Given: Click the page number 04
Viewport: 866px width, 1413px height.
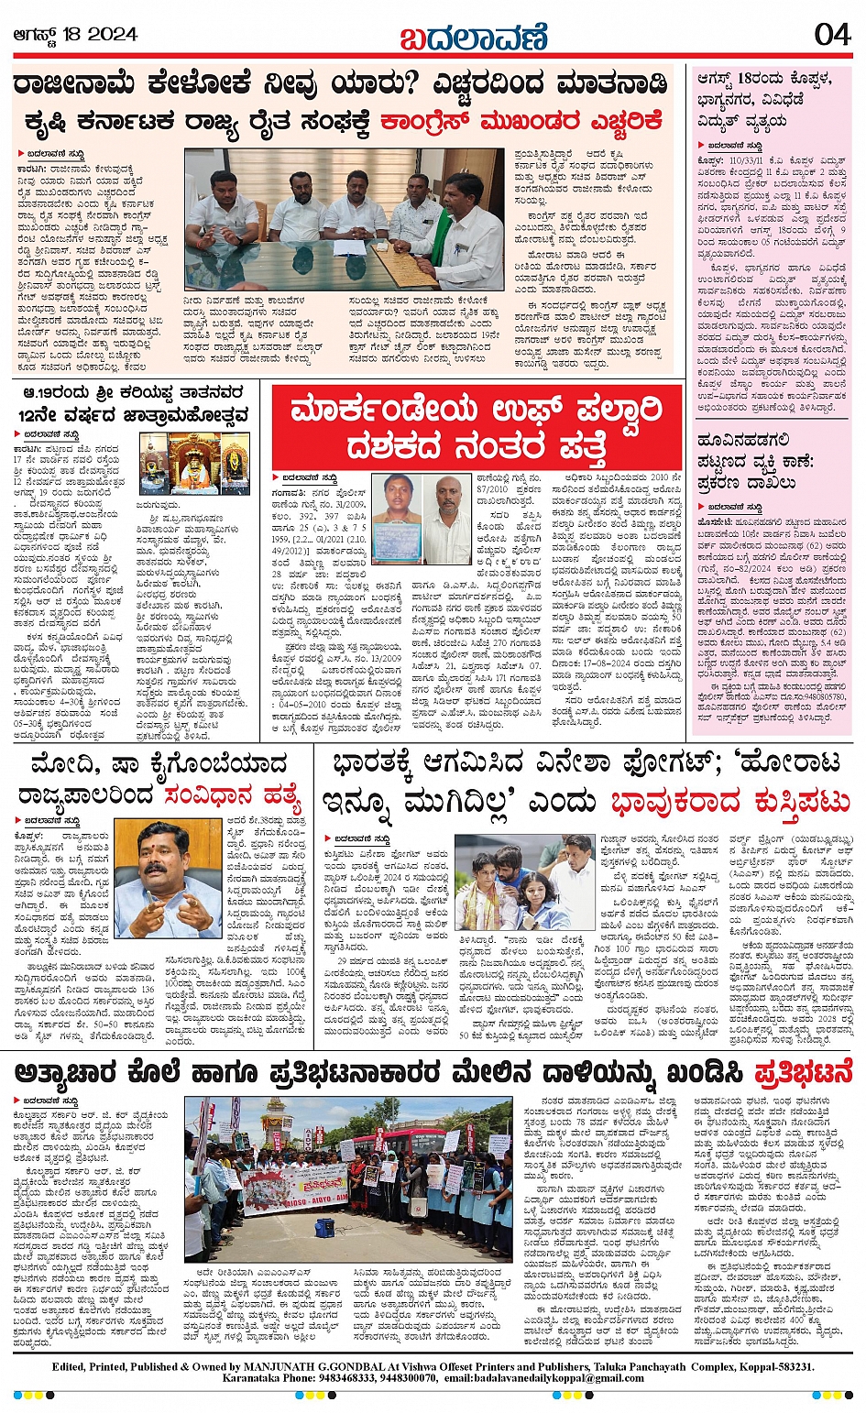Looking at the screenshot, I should pos(832,34).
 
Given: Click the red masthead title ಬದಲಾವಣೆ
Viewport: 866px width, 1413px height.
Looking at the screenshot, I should pos(474,37).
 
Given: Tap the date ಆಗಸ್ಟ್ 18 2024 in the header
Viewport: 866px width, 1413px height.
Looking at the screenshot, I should pos(75,34).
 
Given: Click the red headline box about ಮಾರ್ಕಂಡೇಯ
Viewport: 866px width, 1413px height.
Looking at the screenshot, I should pos(477,428).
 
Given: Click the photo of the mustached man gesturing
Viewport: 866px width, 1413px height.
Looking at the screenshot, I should pos(167,879).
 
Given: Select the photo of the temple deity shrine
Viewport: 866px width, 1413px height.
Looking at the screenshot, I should pos(194,463).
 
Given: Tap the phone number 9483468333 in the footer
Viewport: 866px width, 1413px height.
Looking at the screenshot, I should pos(316,1377).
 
